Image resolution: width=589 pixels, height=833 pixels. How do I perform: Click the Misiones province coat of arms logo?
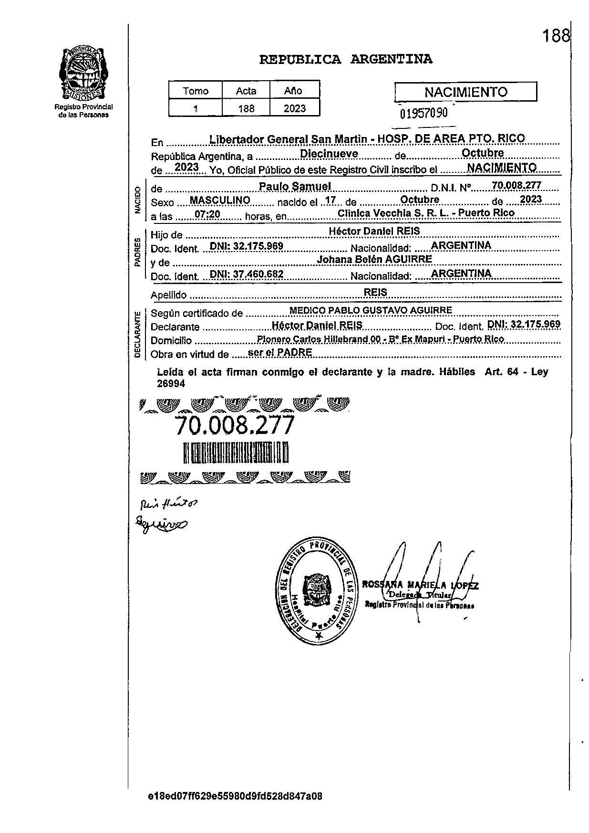point(83,73)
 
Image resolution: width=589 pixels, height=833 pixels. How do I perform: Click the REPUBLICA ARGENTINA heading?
point(346,60)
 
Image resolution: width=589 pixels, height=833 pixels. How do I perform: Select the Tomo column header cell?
point(196,91)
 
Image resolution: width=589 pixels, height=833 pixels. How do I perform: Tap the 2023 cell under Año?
point(294,108)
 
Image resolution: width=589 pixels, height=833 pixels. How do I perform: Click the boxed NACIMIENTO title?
point(466,92)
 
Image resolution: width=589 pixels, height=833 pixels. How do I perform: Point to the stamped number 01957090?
point(424,113)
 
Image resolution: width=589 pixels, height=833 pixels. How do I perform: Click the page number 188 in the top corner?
point(556,36)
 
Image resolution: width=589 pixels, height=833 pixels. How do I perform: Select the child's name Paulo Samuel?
point(295,186)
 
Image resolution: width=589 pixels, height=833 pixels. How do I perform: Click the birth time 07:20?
point(207,215)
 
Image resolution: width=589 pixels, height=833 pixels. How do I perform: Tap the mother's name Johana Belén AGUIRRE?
point(374,259)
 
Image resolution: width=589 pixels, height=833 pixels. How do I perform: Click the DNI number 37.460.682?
point(247,274)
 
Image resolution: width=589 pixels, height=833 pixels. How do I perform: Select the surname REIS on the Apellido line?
point(375,292)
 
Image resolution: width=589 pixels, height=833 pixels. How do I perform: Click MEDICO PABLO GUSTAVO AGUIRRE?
point(371,310)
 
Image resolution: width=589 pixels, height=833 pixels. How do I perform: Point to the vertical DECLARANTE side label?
point(137,334)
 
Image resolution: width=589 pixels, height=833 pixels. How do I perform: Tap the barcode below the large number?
point(236,453)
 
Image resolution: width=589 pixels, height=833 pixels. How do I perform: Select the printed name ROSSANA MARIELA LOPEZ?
point(420,585)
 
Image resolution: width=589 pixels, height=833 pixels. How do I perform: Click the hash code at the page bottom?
point(235,796)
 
